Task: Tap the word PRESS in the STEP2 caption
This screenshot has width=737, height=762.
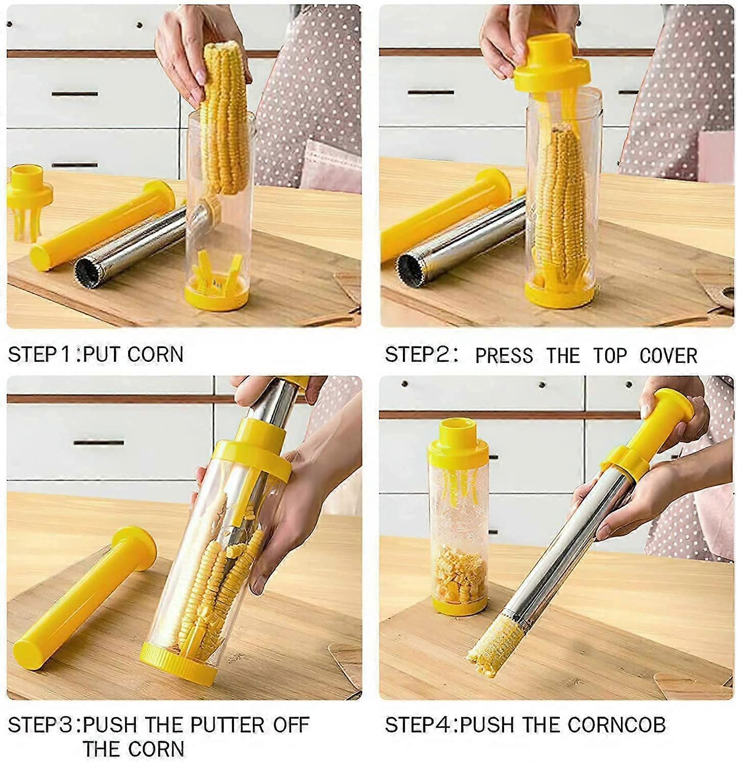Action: pyautogui.click(x=504, y=356)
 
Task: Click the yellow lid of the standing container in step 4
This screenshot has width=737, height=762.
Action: pyautogui.click(x=456, y=440)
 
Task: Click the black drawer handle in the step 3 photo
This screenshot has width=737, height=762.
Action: pyautogui.click(x=99, y=442)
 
